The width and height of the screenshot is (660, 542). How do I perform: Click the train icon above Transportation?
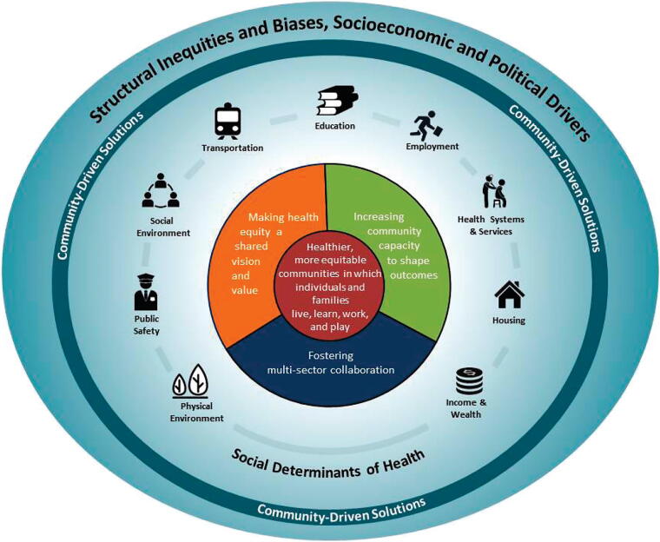tap(228, 122)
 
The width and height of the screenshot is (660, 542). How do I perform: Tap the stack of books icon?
tap(335, 102)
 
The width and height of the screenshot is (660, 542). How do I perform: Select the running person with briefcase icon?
tap(431, 125)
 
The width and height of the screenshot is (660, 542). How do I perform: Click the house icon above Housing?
tap(510, 295)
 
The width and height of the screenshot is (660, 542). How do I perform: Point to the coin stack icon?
tap(469, 382)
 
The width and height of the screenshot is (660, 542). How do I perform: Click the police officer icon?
tap(146, 292)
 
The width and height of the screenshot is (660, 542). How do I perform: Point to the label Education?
tap(335, 126)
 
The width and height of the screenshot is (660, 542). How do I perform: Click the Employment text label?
tap(432, 147)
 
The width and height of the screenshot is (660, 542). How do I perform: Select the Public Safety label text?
tap(146, 324)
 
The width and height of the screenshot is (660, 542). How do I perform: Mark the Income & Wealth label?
tap(463, 408)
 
